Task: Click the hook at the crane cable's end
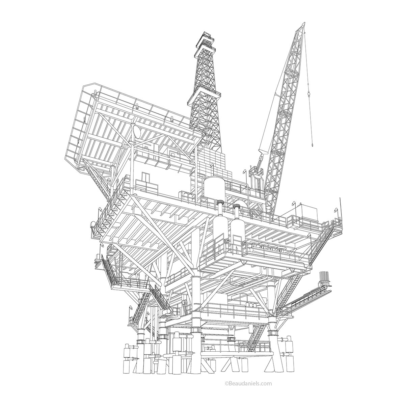(312, 145)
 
